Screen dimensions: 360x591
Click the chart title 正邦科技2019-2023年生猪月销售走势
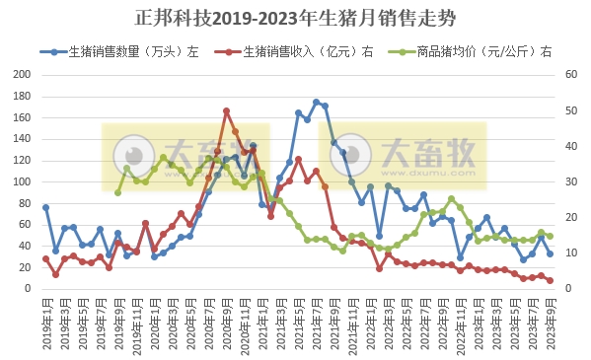295,19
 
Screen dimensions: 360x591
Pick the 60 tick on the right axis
569,75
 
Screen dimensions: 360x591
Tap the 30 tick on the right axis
569,182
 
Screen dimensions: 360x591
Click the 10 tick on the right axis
569,253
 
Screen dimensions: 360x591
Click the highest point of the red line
226,111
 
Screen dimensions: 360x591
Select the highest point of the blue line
316,102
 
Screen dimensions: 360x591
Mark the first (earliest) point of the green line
117,192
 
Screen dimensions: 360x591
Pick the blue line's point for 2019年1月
45,207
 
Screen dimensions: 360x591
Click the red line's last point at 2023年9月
550,281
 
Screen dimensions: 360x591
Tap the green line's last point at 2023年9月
550,237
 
